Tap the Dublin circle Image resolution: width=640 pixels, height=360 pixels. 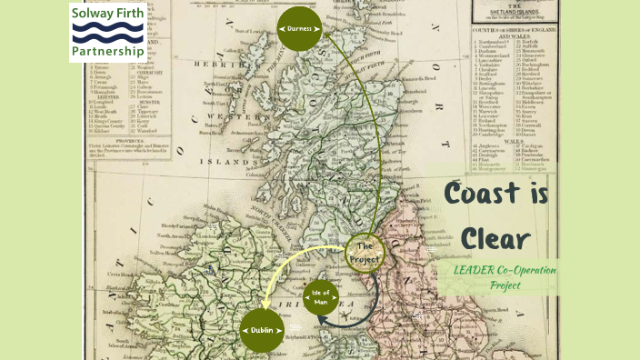(263, 330)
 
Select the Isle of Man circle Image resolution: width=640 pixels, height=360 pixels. (322, 298)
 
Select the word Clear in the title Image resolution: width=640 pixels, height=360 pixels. (495, 237)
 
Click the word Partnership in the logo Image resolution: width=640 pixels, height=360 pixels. (107, 52)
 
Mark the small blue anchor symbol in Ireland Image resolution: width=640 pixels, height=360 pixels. (210, 269)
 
